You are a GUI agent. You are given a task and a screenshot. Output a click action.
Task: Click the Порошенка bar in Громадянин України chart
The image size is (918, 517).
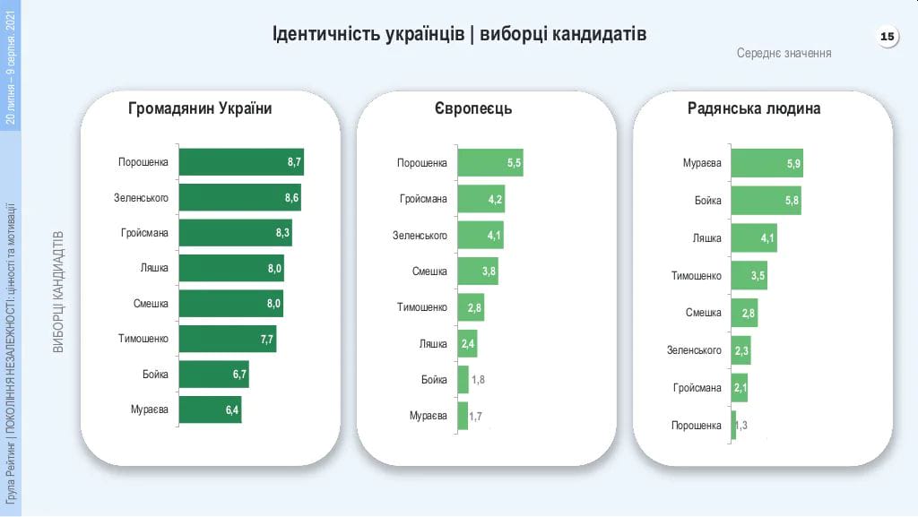[x=241, y=162]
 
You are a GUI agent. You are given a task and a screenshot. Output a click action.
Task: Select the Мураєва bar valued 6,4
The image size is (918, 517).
[x=210, y=409]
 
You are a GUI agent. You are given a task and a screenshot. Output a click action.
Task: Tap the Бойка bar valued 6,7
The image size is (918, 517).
[x=213, y=375]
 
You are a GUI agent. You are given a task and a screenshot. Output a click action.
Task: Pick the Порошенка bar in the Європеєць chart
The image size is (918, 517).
[x=489, y=163]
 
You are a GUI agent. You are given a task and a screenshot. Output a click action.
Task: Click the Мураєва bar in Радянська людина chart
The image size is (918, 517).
[x=766, y=163]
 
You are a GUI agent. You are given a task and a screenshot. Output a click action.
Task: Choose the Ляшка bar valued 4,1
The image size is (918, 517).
[x=753, y=238]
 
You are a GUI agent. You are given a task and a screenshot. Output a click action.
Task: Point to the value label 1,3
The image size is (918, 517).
[x=741, y=425]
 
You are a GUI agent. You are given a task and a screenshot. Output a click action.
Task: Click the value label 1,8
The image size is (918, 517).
[x=478, y=380]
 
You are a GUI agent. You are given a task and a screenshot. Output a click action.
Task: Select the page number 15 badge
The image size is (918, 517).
[x=887, y=37]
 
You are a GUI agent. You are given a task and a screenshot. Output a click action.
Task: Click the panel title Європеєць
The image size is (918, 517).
[x=472, y=108]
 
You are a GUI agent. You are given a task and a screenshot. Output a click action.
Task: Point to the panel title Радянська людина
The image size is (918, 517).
[x=754, y=108]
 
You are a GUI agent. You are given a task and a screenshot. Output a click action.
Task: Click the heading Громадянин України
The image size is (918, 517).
[x=200, y=108]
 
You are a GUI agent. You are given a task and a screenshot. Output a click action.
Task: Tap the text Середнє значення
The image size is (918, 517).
[x=784, y=53]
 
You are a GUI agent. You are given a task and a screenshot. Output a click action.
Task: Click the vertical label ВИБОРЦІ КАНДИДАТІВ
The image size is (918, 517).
[x=59, y=292]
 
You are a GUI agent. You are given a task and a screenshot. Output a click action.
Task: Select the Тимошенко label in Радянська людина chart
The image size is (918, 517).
[x=697, y=275]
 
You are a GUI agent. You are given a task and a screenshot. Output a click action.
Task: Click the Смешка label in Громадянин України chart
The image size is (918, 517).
[x=151, y=304]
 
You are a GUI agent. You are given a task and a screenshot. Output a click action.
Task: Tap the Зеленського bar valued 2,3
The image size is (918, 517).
[x=740, y=350]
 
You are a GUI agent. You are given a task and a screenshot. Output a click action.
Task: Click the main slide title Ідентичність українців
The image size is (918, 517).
[x=459, y=35]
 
